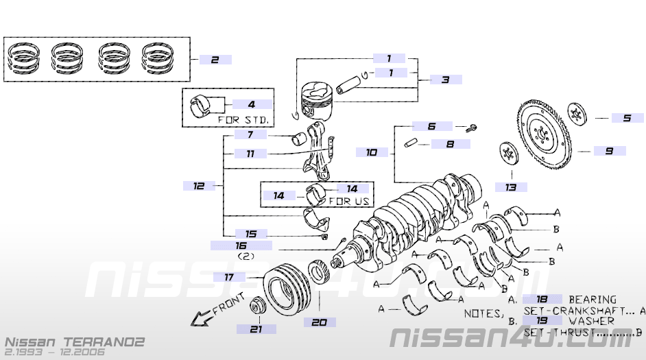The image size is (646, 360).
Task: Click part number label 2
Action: pyautogui.click(x=215, y=60)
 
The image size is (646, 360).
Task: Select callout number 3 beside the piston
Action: pyautogui.click(x=446, y=80)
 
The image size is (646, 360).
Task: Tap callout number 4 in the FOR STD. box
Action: pyautogui.click(x=252, y=104)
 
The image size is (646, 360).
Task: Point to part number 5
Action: pyautogui.click(x=627, y=118)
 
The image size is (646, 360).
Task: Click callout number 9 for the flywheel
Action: pyautogui.click(x=609, y=150)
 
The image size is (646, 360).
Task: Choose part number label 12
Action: pyautogui.click(x=199, y=185)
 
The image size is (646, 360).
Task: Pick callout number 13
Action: pyautogui.click(x=510, y=187)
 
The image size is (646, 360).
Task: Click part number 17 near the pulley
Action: pyautogui.click(x=229, y=277)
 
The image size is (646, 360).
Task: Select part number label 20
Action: pyautogui.click(x=320, y=322)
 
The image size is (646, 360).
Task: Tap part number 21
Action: pyautogui.click(x=256, y=329)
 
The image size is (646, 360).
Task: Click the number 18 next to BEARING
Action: pyautogui.click(x=542, y=299)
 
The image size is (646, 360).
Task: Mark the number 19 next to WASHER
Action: pyautogui.click(x=542, y=320)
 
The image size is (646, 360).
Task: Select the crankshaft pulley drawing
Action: pyautogui.click(x=287, y=291)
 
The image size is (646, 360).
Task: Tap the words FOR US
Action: pyautogui.click(x=350, y=201)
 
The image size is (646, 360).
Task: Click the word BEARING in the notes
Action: pyautogui.click(x=593, y=300)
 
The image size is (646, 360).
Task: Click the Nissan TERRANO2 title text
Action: pyautogui.click(x=75, y=341)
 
